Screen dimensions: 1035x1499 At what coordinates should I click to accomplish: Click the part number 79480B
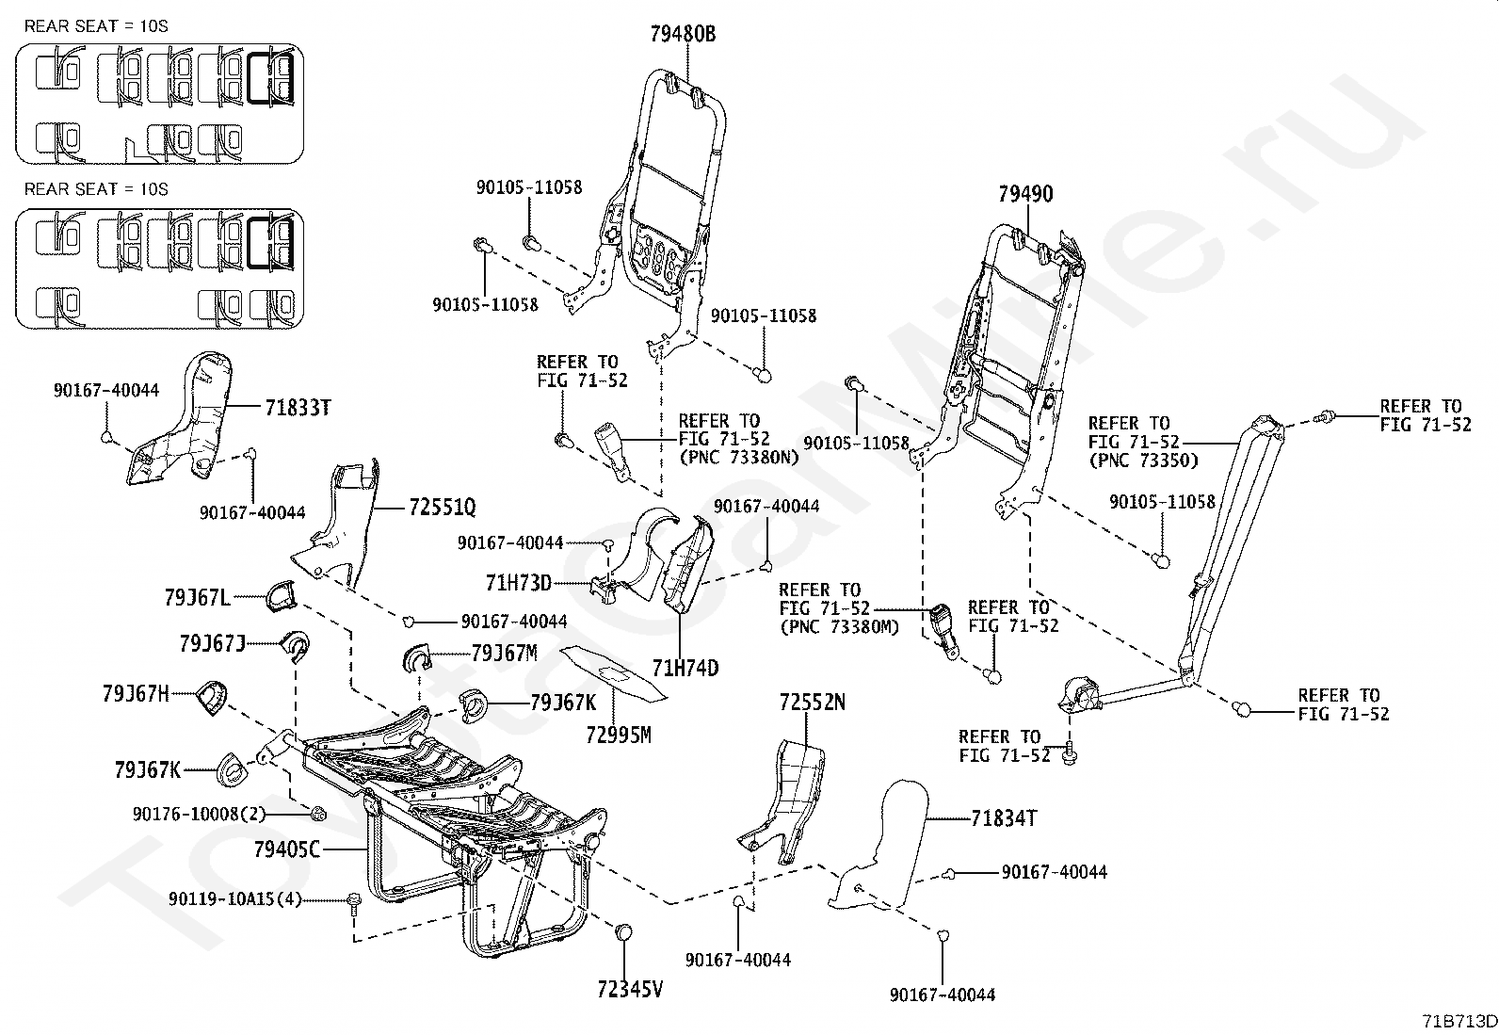point(683,35)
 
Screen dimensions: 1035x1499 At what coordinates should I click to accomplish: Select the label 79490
point(1025,195)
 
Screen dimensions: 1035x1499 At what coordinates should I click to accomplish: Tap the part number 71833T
point(297,408)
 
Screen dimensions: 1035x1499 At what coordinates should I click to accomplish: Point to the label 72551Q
point(442,508)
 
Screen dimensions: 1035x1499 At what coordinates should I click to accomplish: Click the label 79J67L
point(197,596)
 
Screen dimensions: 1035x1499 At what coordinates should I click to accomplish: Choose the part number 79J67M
point(504,653)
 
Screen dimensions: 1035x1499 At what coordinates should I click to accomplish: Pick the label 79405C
point(287,850)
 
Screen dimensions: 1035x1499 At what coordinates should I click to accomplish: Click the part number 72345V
point(630,990)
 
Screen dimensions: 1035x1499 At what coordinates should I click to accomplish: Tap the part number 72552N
point(812,702)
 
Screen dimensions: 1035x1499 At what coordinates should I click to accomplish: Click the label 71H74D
point(685,668)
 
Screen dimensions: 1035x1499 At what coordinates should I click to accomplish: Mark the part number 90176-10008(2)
point(200,814)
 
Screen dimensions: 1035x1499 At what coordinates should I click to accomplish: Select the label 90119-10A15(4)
point(235,899)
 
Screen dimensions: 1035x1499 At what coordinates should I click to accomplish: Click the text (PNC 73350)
point(1144,461)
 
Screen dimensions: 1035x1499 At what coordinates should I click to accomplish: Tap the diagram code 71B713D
point(1459,1021)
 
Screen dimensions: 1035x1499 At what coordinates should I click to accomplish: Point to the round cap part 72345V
point(622,933)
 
